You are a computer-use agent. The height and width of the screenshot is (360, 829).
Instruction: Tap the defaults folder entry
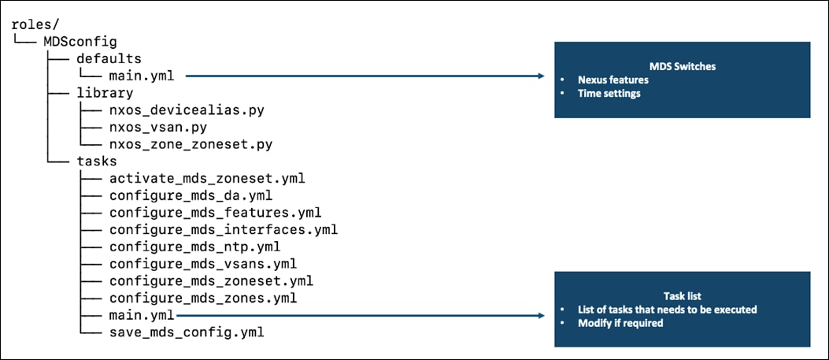pyautogui.click(x=109, y=58)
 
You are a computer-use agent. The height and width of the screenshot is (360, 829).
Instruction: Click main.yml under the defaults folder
pyautogui.click(x=142, y=76)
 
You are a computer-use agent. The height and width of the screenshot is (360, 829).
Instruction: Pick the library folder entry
pyautogui.click(x=105, y=92)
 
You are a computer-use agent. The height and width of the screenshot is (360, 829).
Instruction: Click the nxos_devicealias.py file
pyautogui.click(x=187, y=109)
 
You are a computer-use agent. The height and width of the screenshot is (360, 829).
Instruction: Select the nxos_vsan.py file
pyautogui.click(x=157, y=127)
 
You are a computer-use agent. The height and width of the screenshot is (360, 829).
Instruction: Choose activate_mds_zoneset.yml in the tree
pyautogui.click(x=207, y=178)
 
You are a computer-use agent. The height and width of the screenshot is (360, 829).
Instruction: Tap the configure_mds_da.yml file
pyautogui.click(x=191, y=195)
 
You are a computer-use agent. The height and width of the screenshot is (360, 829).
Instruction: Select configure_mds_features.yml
pyautogui.click(x=215, y=212)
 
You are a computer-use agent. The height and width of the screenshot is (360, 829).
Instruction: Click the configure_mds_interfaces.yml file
pyautogui.click(x=224, y=229)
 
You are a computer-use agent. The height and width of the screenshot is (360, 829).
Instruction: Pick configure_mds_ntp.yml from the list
pyautogui.click(x=194, y=246)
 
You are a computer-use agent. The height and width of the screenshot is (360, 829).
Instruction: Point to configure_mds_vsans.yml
pyautogui.click(x=203, y=263)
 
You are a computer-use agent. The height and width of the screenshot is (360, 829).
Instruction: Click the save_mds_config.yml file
pyautogui.click(x=187, y=332)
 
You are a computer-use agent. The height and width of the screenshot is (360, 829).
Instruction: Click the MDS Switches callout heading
pyautogui.click(x=682, y=66)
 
